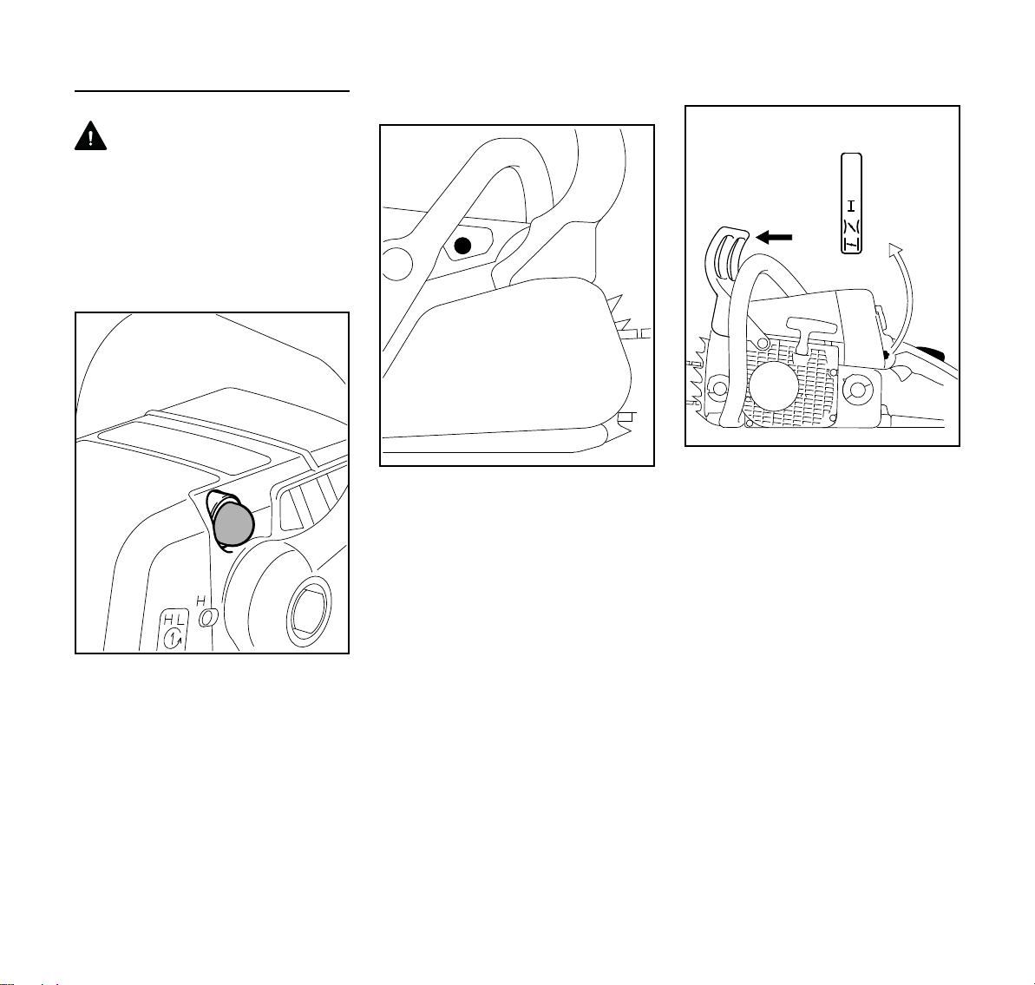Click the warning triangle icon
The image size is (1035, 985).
click(90, 136)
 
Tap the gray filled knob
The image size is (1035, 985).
click(233, 522)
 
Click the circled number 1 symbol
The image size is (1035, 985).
click(174, 639)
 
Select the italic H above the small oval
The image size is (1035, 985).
click(200, 601)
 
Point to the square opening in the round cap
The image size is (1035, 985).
click(307, 611)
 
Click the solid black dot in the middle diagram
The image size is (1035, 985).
click(462, 246)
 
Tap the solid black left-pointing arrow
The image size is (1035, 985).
click(774, 237)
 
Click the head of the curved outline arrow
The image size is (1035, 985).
click(895, 249)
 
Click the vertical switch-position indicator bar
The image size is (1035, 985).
click(851, 203)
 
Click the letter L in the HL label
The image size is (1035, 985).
click(180, 620)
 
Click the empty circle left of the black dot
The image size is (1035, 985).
click(398, 264)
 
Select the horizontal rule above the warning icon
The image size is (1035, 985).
click(212, 91)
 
